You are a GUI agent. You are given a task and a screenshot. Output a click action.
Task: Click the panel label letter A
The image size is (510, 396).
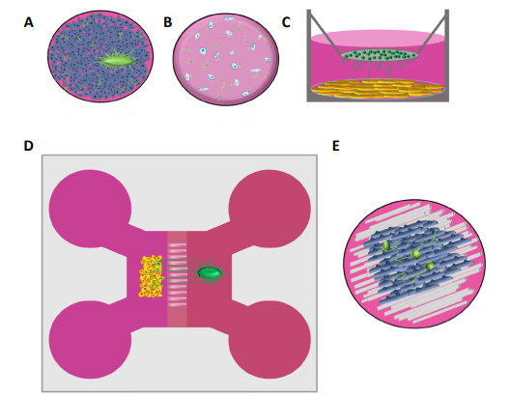(x=29, y=22)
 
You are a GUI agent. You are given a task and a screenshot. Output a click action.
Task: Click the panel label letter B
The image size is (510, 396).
(x=168, y=22)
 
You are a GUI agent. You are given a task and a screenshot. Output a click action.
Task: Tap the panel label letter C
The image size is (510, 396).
(x=286, y=22)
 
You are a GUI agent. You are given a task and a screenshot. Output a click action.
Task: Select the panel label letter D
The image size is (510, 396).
(x=29, y=146)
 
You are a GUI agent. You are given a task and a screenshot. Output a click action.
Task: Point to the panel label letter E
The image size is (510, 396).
(x=336, y=146)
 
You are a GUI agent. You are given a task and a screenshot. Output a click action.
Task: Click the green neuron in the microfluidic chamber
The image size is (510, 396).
(x=211, y=273)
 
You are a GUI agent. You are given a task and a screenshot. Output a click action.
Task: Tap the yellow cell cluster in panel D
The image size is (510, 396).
(x=151, y=276)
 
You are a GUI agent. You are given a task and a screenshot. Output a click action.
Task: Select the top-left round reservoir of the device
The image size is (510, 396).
(x=90, y=209)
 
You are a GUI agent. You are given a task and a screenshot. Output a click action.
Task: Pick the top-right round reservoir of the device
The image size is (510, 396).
(x=269, y=209)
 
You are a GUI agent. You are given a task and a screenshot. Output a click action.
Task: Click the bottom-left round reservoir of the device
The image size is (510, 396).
(x=90, y=340)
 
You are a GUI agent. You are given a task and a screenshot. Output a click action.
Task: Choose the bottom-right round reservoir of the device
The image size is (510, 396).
(x=269, y=340)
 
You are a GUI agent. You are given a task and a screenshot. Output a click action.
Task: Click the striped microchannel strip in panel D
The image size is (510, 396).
(x=178, y=279)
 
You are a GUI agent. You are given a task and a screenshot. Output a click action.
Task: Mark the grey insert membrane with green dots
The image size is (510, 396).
(x=380, y=55)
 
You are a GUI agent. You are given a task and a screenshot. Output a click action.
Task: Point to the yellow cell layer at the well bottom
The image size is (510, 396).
(x=378, y=89)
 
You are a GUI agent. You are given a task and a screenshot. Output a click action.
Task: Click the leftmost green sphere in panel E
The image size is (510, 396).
(x=386, y=246)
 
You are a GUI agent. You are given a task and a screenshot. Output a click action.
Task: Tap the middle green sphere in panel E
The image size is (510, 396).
(x=415, y=254)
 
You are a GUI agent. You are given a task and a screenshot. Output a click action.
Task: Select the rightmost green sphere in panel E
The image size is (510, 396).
(x=431, y=266)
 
